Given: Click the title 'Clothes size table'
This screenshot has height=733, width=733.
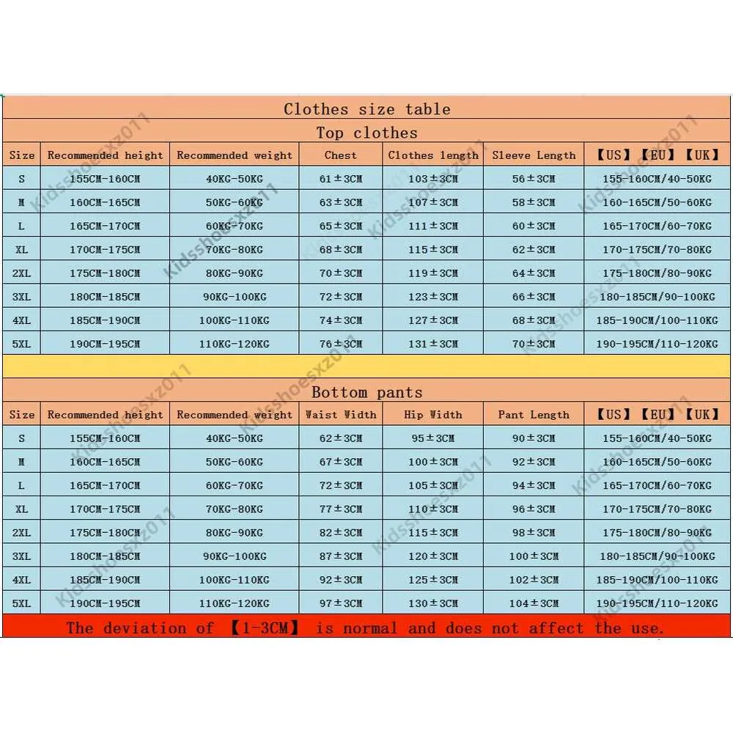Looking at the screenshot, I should pyautogui.click(x=366, y=109).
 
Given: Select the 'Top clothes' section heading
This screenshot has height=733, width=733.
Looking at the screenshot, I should pyautogui.click(x=366, y=133).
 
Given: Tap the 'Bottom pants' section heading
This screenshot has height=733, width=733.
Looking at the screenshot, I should pyautogui.click(x=366, y=392).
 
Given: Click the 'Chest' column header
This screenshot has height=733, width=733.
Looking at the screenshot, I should pyautogui.click(x=340, y=155).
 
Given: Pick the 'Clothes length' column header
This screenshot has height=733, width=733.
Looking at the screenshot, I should pyautogui.click(x=432, y=155).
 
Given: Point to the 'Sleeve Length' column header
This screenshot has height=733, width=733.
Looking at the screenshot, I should pyautogui.click(x=534, y=155).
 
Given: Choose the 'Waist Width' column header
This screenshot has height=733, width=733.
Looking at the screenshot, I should pyautogui.click(x=340, y=415).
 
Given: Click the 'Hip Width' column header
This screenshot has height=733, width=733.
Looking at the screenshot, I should pyautogui.click(x=432, y=415).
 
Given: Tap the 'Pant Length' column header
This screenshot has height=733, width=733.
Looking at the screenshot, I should pyautogui.click(x=534, y=415).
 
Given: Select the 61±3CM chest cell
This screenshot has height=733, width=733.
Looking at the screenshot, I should pyautogui.click(x=340, y=179).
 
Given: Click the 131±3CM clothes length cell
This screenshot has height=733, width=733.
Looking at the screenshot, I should pyautogui.click(x=432, y=344).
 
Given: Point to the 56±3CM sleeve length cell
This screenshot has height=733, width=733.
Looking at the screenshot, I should pyautogui.click(x=534, y=179).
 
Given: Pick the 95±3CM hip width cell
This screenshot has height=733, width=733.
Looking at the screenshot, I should pyautogui.click(x=432, y=438).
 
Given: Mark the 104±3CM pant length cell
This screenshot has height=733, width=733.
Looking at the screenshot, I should pyautogui.click(x=534, y=603).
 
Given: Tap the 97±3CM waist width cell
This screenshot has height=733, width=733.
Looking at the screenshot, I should pyautogui.click(x=340, y=603).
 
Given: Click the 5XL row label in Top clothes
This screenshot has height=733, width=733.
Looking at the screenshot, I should pyautogui.click(x=22, y=344).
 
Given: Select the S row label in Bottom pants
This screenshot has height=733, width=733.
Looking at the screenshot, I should pyautogui.click(x=22, y=438).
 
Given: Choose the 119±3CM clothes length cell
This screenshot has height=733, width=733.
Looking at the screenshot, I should pyautogui.click(x=432, y=273).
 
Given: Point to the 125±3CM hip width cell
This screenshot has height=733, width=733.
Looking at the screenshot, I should pyautogui.click(x=432, y=580).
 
